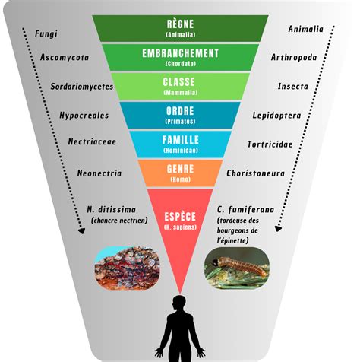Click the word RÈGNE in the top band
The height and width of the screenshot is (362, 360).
[180, 24]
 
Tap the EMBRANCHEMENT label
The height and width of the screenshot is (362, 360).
[180, 53]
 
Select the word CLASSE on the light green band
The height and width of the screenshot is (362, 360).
[179, 82]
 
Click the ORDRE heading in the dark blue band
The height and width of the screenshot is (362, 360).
[180, 111]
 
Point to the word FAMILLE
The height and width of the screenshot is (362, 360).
[181, 140]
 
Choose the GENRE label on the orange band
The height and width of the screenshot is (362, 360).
[180, 169]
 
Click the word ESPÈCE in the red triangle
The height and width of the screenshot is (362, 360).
[180, 217]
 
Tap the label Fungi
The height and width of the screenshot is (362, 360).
[46, 34]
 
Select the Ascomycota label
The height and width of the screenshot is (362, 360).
[65, 58]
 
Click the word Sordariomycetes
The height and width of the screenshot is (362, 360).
[82, 87]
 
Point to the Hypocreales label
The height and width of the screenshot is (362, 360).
[84, 116]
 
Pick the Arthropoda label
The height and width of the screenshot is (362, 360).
[294, 58]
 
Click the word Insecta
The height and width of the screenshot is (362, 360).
[293, 87]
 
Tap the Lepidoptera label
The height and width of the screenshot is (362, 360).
[276, 116]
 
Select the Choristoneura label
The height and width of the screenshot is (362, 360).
[255, 173]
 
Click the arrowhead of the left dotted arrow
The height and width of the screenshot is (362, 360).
[81, 230]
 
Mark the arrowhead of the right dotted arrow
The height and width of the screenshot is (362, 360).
[278, 228]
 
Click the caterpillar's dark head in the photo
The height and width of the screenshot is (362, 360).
[215, 262]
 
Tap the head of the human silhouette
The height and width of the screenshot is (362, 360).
[180, 303]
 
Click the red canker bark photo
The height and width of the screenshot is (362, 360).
[127, 268]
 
